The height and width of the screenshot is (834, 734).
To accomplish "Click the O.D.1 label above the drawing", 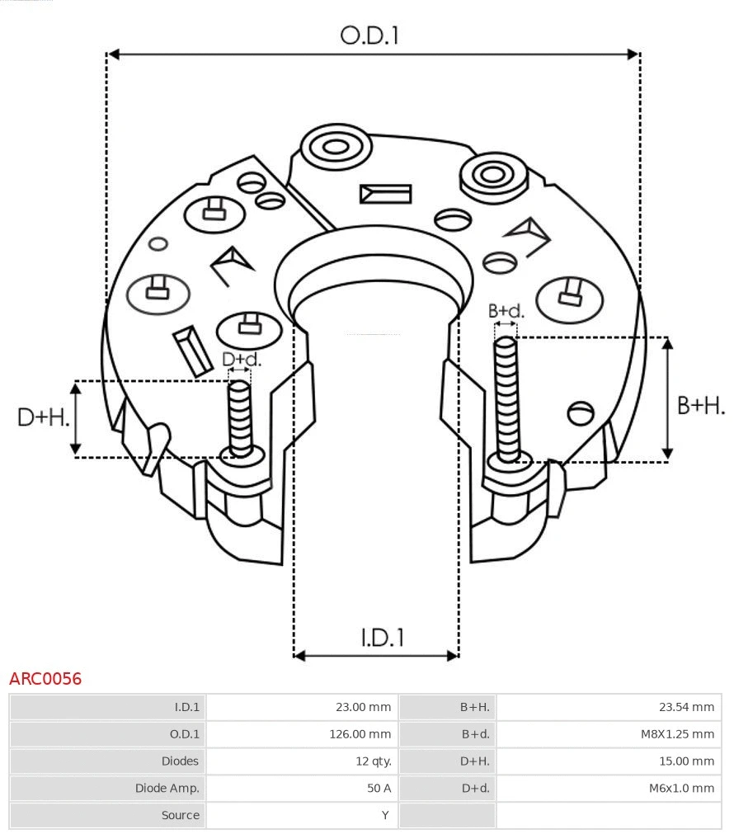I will (369, 35).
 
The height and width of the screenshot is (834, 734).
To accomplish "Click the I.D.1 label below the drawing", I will (382, 637).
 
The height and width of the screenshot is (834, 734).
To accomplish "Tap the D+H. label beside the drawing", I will (43, 417).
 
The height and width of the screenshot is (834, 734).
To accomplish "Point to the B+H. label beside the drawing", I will (700, 405).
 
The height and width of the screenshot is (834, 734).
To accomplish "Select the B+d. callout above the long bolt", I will (506, 311).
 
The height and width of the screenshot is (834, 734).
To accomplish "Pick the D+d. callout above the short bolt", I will (241, 360).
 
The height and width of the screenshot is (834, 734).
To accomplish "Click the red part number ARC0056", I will (45, 679).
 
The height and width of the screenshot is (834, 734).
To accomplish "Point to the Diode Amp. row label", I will (167, 788).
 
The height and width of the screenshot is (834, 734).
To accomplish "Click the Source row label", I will (180, 815).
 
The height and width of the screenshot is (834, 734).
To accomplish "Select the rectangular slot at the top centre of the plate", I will (385, 194).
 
